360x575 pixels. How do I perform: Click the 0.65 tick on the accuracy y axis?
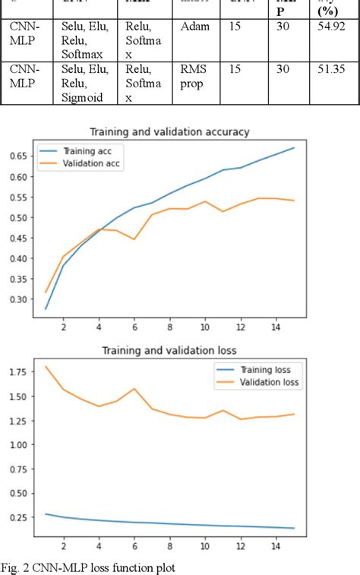pos(17,156)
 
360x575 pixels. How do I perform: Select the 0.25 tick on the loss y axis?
pos(17,517)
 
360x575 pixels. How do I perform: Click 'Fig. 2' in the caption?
pos(15,566)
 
